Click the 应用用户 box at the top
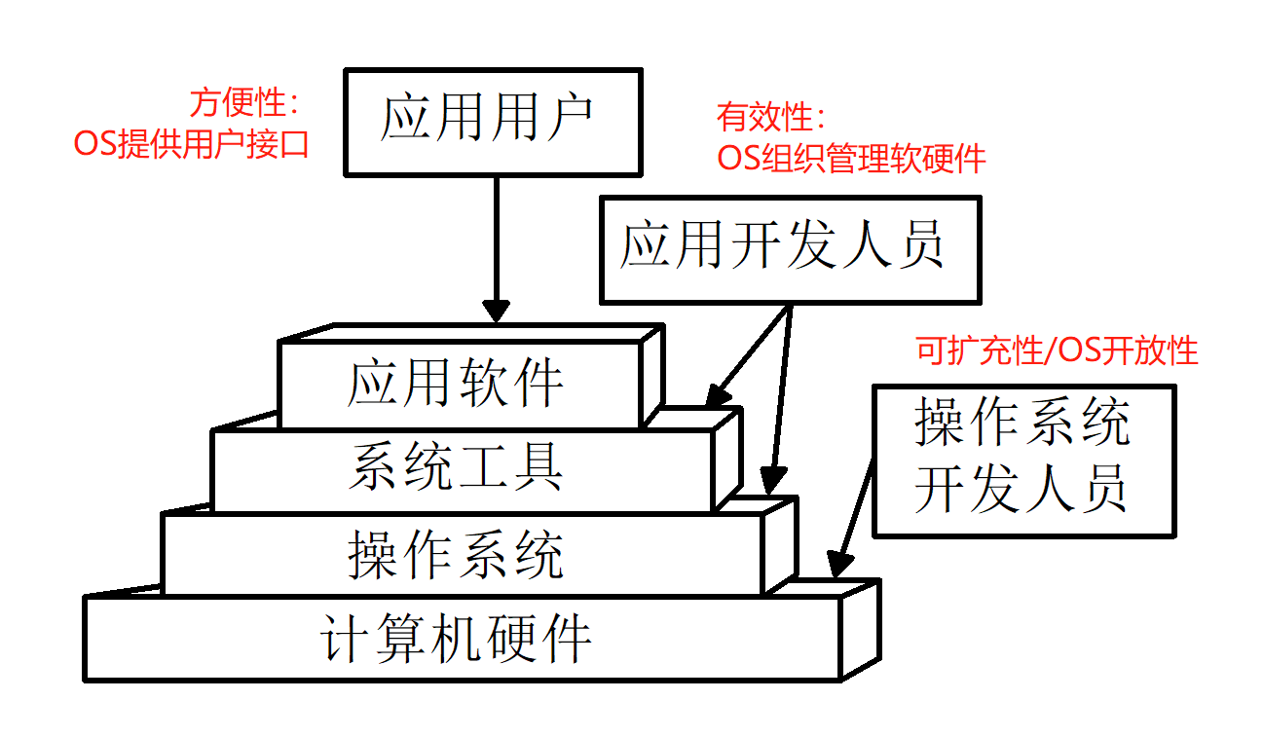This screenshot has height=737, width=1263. click(494, 122)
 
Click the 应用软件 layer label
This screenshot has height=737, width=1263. click(456, 383)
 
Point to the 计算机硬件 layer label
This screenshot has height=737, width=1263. click(456, 640)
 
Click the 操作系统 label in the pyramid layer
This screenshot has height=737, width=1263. click(456, 555)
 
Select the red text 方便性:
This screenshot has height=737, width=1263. click(243, 103)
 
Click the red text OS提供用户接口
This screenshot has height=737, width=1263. click(192, 145)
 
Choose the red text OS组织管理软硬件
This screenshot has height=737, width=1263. click(851, 158)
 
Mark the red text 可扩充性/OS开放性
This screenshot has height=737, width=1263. click(1057, 350)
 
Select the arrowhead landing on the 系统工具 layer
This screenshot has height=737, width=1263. click(717, 395)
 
